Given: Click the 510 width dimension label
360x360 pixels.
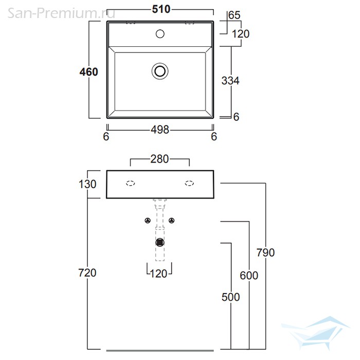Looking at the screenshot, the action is [161, 9].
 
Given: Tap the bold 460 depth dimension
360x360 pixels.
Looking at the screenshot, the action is [89, 72].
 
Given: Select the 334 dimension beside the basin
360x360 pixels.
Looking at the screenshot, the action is [230, 81].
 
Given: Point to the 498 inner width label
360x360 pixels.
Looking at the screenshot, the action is [160, 130].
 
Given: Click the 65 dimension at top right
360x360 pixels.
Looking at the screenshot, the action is [235, 15].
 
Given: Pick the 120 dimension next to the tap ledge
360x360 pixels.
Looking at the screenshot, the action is [241, 34].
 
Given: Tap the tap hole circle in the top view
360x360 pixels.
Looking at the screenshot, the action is [160, 34].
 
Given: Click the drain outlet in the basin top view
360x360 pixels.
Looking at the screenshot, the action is [160, 71].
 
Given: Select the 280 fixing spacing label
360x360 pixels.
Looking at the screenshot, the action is [159, 159].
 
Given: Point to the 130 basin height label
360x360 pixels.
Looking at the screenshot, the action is [87, 184].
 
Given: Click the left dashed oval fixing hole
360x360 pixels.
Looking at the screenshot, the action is [131, 183].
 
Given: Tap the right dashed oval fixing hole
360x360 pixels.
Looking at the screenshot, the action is [189, 183].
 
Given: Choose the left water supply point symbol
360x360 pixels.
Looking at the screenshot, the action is [148, 221].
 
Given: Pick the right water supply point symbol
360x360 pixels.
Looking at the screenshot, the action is [171, 221].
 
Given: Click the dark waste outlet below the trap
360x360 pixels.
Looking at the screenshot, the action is [160, 242].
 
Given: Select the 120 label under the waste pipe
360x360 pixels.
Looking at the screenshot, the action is [158, 274].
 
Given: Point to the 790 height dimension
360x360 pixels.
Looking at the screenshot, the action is [266, 253].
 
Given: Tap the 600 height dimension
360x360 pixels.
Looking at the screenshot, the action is [249, 275].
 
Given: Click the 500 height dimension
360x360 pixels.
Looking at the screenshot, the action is [231, 297].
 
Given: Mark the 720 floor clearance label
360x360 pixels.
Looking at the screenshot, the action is [87, 273].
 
